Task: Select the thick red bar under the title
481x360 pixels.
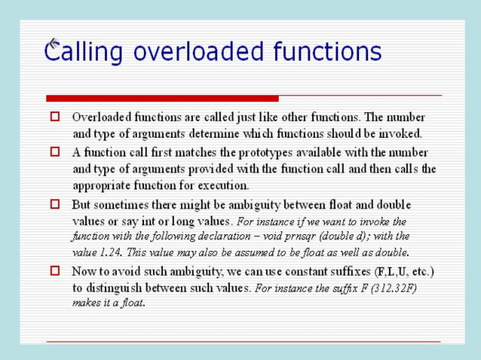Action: coord(162,98)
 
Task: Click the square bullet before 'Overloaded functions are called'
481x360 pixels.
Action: coord(54,117)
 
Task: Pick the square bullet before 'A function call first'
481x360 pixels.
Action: coord(54,151)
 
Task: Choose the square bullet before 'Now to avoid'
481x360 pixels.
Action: coord(54,270)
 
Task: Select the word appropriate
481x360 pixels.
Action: coord(102,185)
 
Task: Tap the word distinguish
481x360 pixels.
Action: coord(119,287)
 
